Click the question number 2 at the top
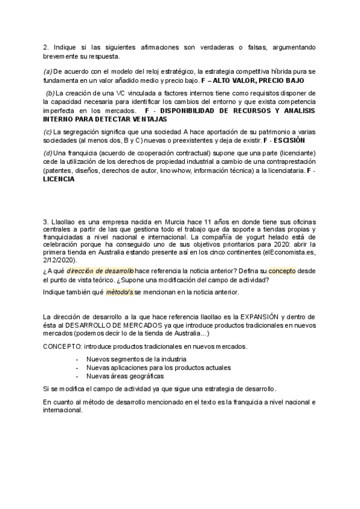46,47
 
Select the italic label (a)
48,71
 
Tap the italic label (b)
50,93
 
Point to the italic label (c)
47,131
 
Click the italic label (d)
48,153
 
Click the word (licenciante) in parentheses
295,153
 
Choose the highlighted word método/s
119,292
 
